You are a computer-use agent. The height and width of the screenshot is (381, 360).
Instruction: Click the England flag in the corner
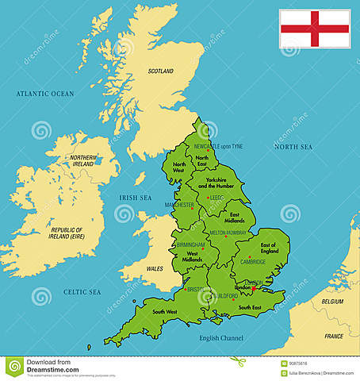coord(314,29)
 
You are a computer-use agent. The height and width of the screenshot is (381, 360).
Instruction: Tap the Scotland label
coord(160,71)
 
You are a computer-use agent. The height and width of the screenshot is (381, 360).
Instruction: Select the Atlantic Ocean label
coord(44,94)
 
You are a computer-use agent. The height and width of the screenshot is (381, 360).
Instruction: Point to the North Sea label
coord(293,146)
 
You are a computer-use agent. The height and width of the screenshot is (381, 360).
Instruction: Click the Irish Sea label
coord(134,198)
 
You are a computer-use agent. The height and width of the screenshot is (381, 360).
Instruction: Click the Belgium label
coord(333,302)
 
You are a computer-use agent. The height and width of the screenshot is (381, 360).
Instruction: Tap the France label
coord(334,337)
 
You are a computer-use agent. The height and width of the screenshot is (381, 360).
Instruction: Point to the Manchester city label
coord(180,205)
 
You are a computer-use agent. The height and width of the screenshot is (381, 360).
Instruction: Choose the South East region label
coord(251,307)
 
